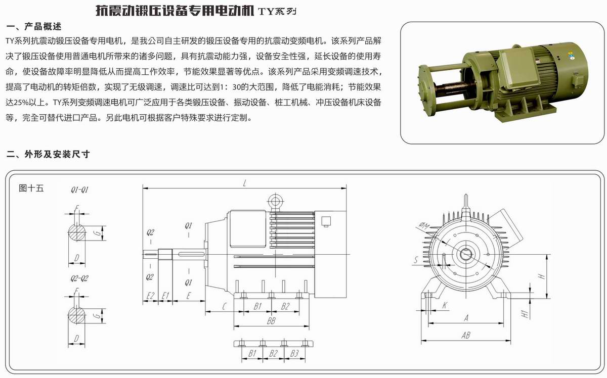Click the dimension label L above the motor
[244, 183]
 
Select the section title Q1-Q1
[80, 190]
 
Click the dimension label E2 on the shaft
[150, 296]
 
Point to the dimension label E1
[165, 296]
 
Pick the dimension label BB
[271, 321]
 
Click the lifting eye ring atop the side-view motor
[275, 202]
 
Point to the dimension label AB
[466, 335]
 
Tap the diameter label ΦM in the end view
[424, 225]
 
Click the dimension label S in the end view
[415, 260]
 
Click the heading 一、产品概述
[34, 26]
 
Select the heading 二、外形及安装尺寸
[48, 154]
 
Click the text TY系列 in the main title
[277, 10]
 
